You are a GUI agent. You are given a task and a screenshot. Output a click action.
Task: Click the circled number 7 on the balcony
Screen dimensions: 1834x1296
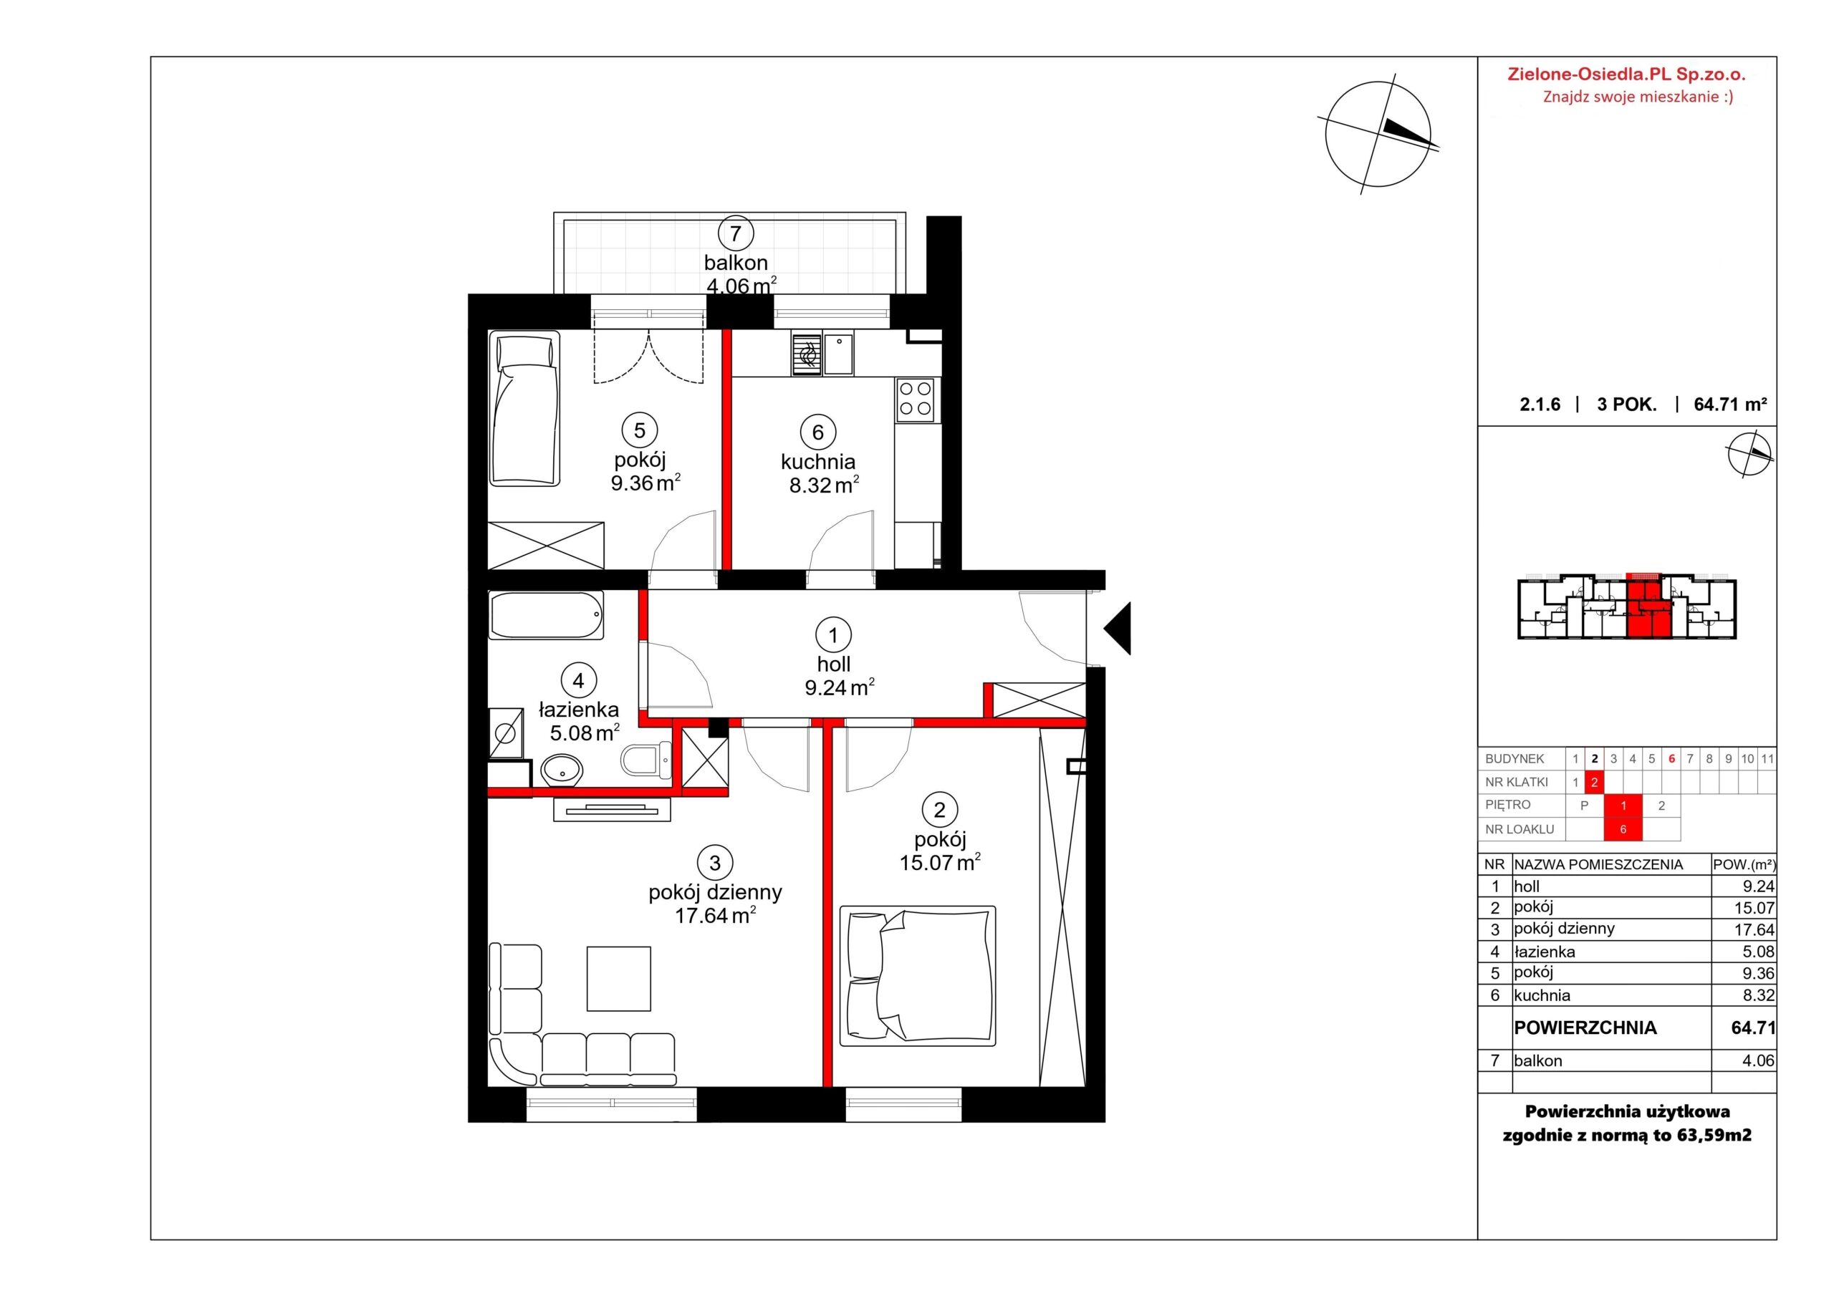click(736, 234)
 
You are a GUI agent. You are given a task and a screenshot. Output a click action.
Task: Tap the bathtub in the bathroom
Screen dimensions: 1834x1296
click(547, 615)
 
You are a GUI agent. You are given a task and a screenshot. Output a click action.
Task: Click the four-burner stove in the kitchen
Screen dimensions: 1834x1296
click(915, 400)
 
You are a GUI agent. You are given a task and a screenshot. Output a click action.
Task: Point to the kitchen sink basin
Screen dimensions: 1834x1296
click(839, 354)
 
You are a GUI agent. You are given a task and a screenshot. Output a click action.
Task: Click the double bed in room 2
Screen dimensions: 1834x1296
click(917, 975)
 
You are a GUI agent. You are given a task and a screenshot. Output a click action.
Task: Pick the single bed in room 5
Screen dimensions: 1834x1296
click(524, 410)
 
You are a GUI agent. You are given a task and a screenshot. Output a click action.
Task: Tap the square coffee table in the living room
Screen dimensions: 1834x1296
click(618, 978)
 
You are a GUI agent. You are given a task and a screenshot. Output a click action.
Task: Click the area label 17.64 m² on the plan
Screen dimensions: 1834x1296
click(716, 915)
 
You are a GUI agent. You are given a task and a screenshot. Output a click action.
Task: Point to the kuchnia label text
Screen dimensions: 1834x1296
click(818, 462)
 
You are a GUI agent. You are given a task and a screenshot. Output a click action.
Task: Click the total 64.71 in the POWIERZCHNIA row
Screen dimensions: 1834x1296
click(1752, 1027)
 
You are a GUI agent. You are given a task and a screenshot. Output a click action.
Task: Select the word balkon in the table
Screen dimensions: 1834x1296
click(1538, 1061)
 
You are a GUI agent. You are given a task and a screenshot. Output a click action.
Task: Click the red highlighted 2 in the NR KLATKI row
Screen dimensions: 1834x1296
click(1595, 783)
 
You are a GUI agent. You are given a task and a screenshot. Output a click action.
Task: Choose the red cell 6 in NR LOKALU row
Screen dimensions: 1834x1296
click(1623, 830)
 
